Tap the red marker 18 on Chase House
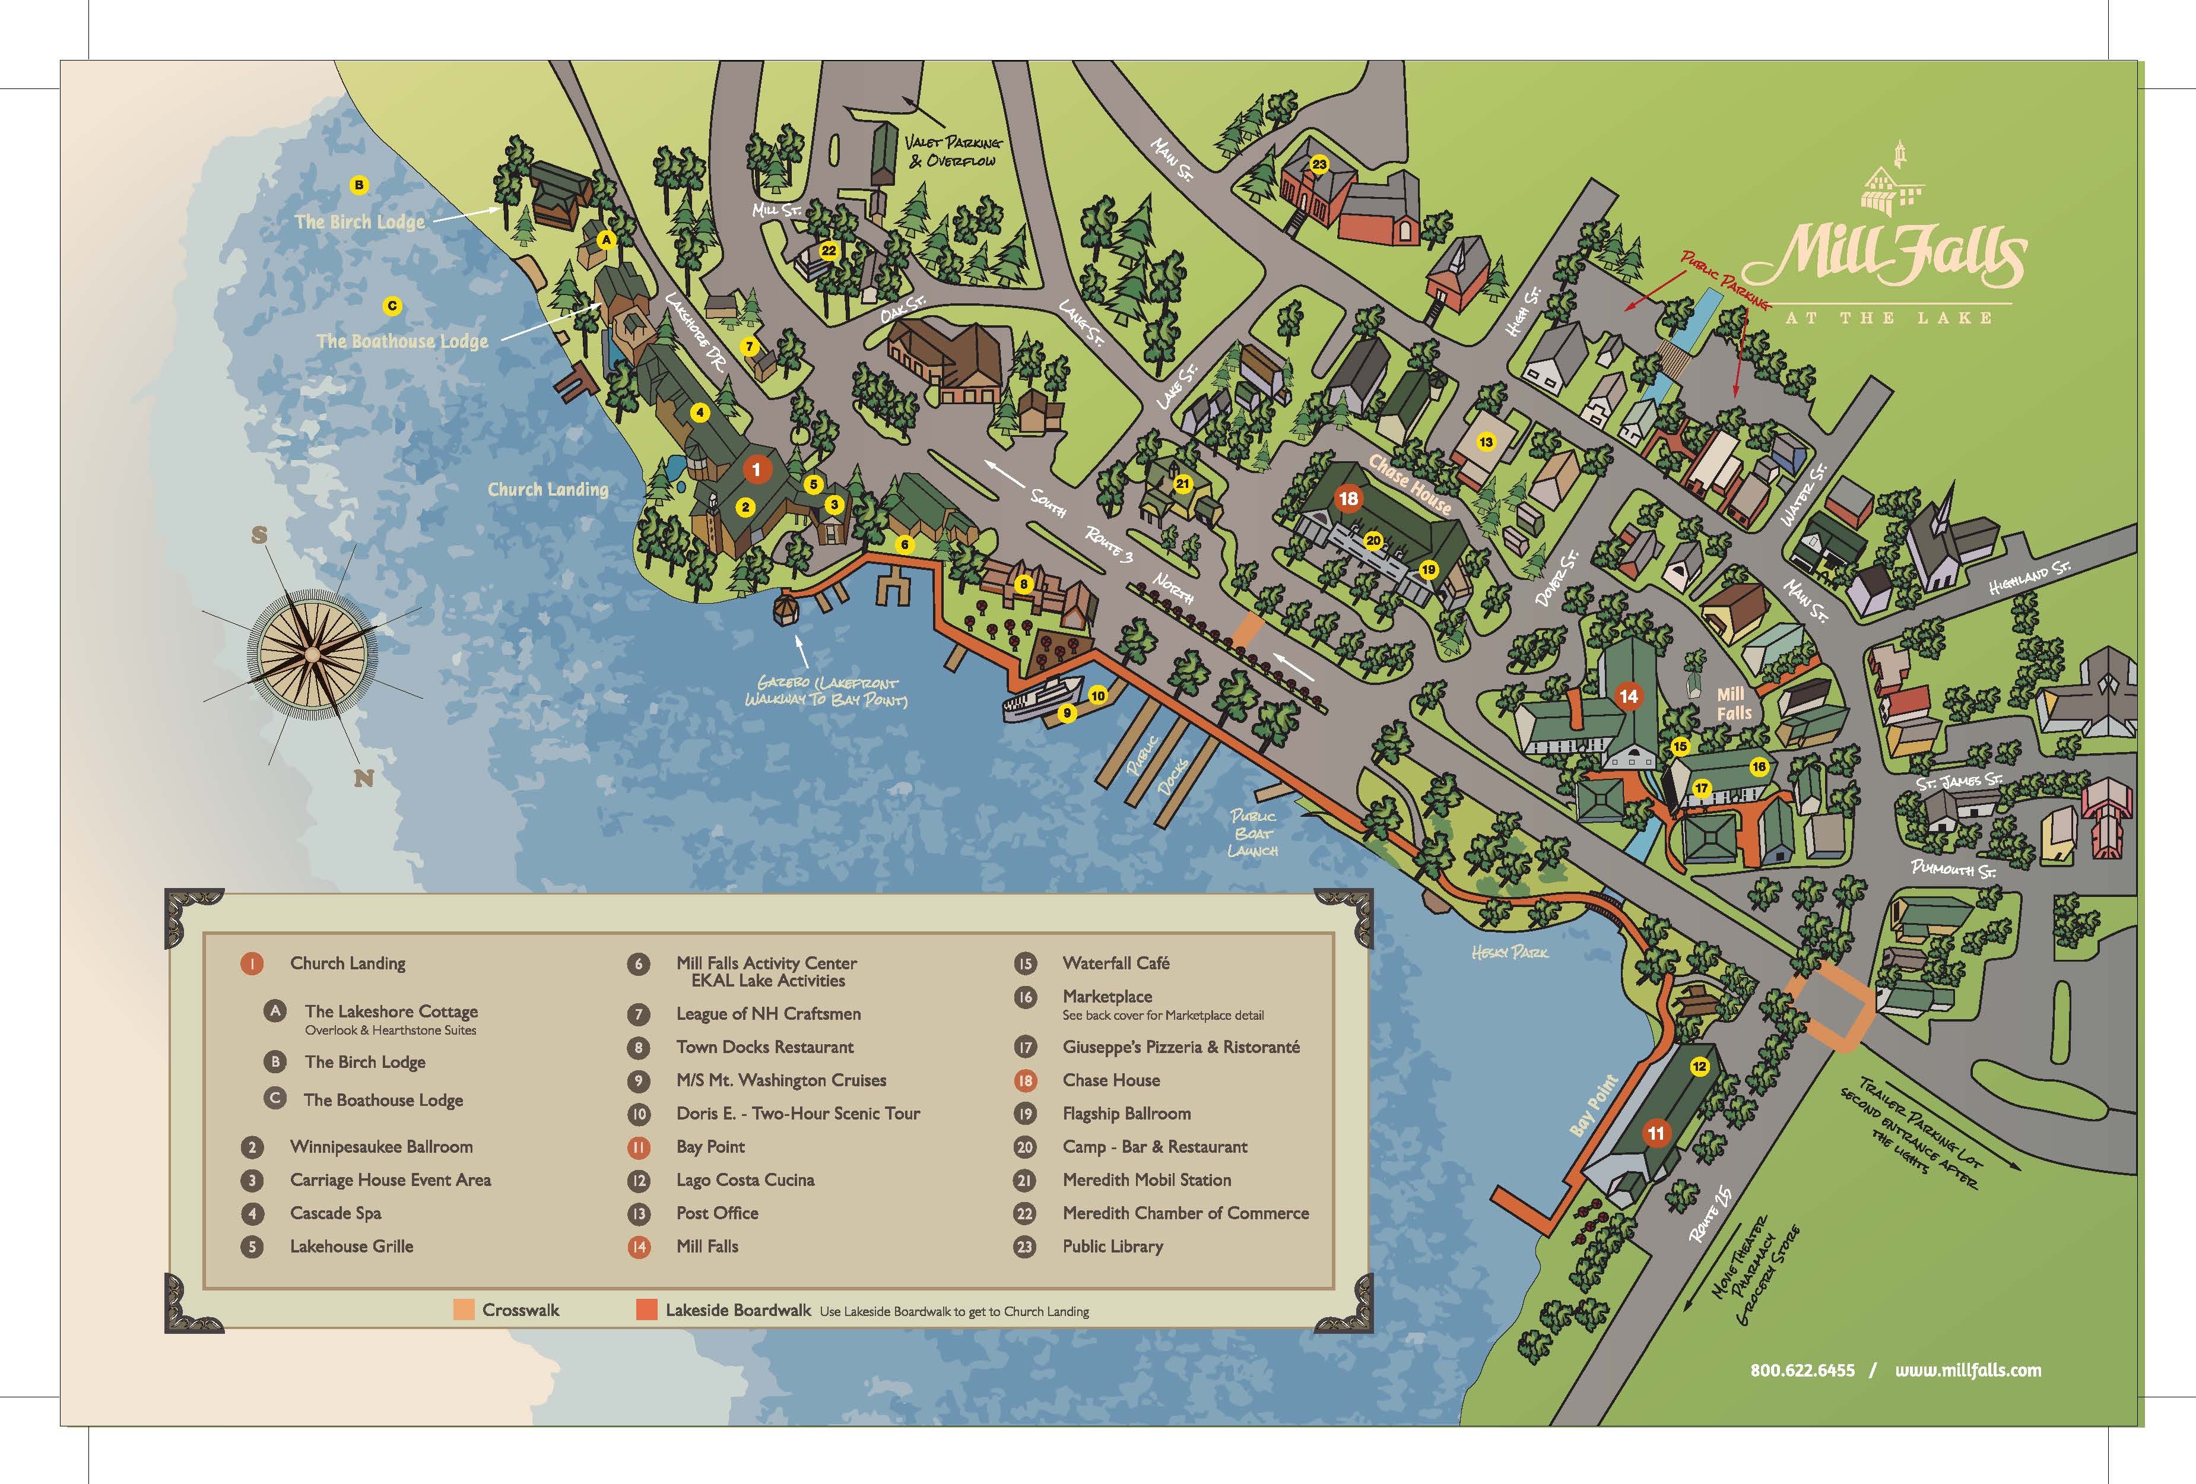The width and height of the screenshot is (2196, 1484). (1348, 498)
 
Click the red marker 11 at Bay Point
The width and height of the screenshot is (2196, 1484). (1655, 1133)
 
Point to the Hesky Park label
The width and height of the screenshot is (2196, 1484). (1509, 953)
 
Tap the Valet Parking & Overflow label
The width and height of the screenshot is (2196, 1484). (951, 151)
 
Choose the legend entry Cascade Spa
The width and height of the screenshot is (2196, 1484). (335, 1213)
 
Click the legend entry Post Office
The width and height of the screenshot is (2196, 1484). (716, 1213)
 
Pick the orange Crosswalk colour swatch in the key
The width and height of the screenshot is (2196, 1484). (463, 1309)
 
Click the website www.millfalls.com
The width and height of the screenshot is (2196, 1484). (1967, 1369)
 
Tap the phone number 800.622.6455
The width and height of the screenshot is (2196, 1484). (1802, 1369)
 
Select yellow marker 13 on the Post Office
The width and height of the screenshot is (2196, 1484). (1486, 442)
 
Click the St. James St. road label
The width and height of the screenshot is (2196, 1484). (1959, 781)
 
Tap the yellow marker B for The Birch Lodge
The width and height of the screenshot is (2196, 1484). (358, 185)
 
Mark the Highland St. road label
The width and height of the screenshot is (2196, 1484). (2028, 576)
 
